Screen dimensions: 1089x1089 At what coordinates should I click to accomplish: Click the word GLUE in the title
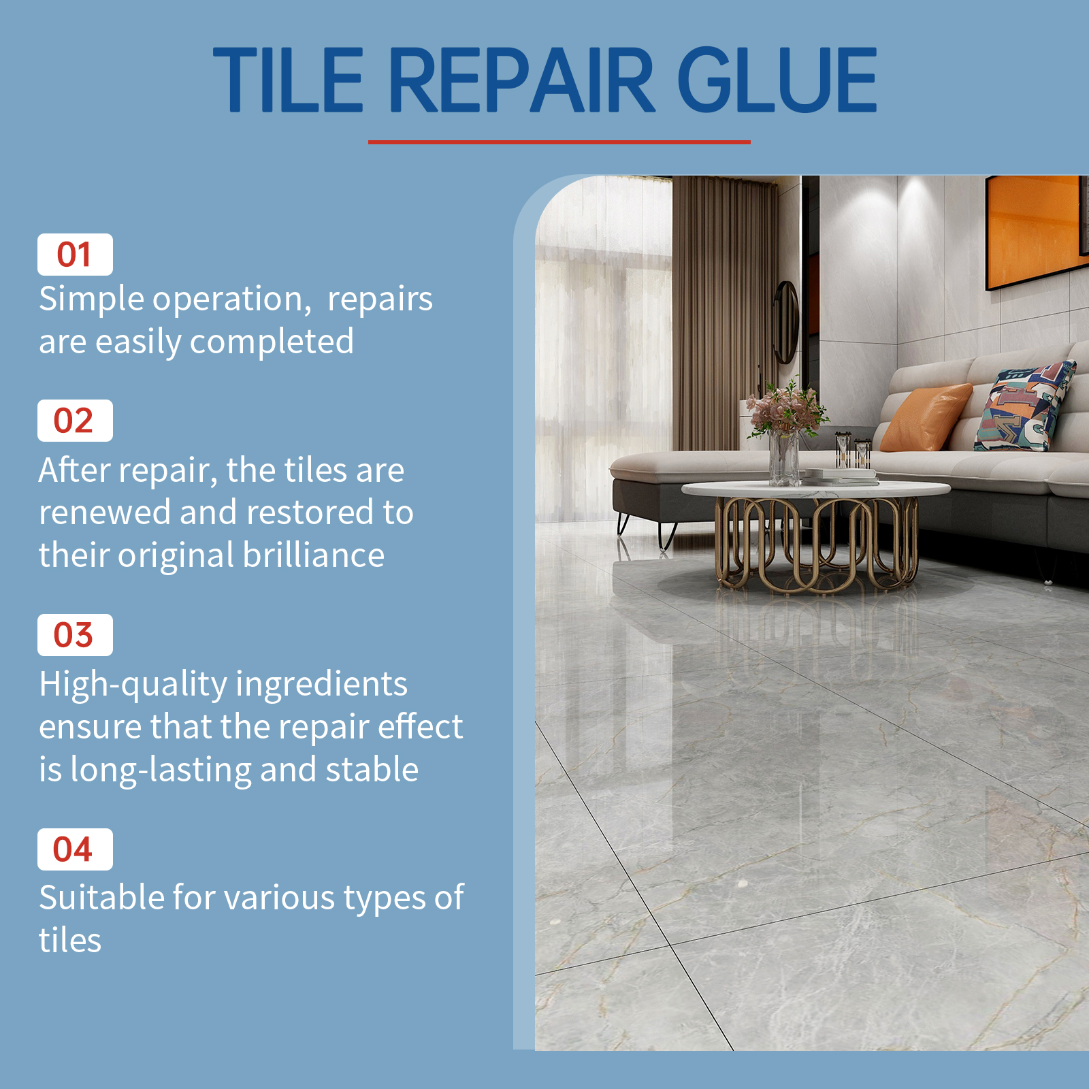coord(777,80)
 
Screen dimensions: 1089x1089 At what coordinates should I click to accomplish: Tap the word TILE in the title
coord(289,80)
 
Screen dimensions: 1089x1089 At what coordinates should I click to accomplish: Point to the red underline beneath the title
coord(559,142)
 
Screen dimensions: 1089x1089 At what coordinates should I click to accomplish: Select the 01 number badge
coord(75,255)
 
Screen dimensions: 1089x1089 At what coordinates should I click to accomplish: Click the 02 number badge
coord(75,421)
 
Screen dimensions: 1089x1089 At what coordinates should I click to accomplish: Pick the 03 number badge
coord(75,635)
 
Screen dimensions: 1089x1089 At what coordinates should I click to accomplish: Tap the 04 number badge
coord(75,849)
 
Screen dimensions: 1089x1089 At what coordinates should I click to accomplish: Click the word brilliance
coord(314,555)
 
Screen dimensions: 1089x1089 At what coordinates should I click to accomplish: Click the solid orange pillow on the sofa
coord(926,417)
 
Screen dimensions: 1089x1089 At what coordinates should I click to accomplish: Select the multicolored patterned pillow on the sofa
coord(1024,407)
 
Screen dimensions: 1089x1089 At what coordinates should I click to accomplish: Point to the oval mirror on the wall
coord(785,323)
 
